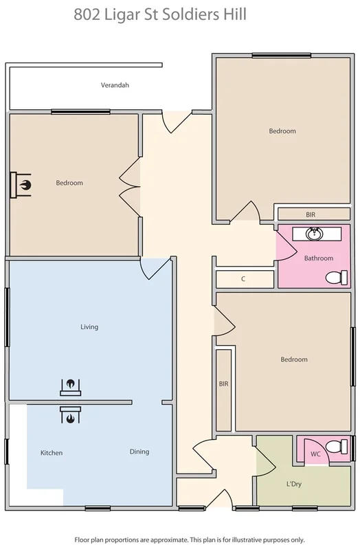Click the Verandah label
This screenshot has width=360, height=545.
tap(115, 85)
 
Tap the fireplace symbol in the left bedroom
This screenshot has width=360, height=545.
tap(22, 184)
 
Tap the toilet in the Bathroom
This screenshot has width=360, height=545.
tap(335, 278)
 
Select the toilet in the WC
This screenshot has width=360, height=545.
tap(337, 447)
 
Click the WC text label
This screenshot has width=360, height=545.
tap(315, 454)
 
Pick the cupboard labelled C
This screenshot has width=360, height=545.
tap(244, 279)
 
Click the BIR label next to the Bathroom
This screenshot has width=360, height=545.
tap(311, 214)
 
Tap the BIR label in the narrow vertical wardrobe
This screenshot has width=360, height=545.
tap(223, 383)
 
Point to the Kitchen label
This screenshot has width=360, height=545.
tap(52, 453)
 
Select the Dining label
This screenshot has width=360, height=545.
tap(139, 452)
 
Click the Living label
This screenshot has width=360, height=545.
tap(89, 326)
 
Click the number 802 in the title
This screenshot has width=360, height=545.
tap(89, 14)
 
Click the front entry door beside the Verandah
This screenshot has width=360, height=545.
tap(175, 122)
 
